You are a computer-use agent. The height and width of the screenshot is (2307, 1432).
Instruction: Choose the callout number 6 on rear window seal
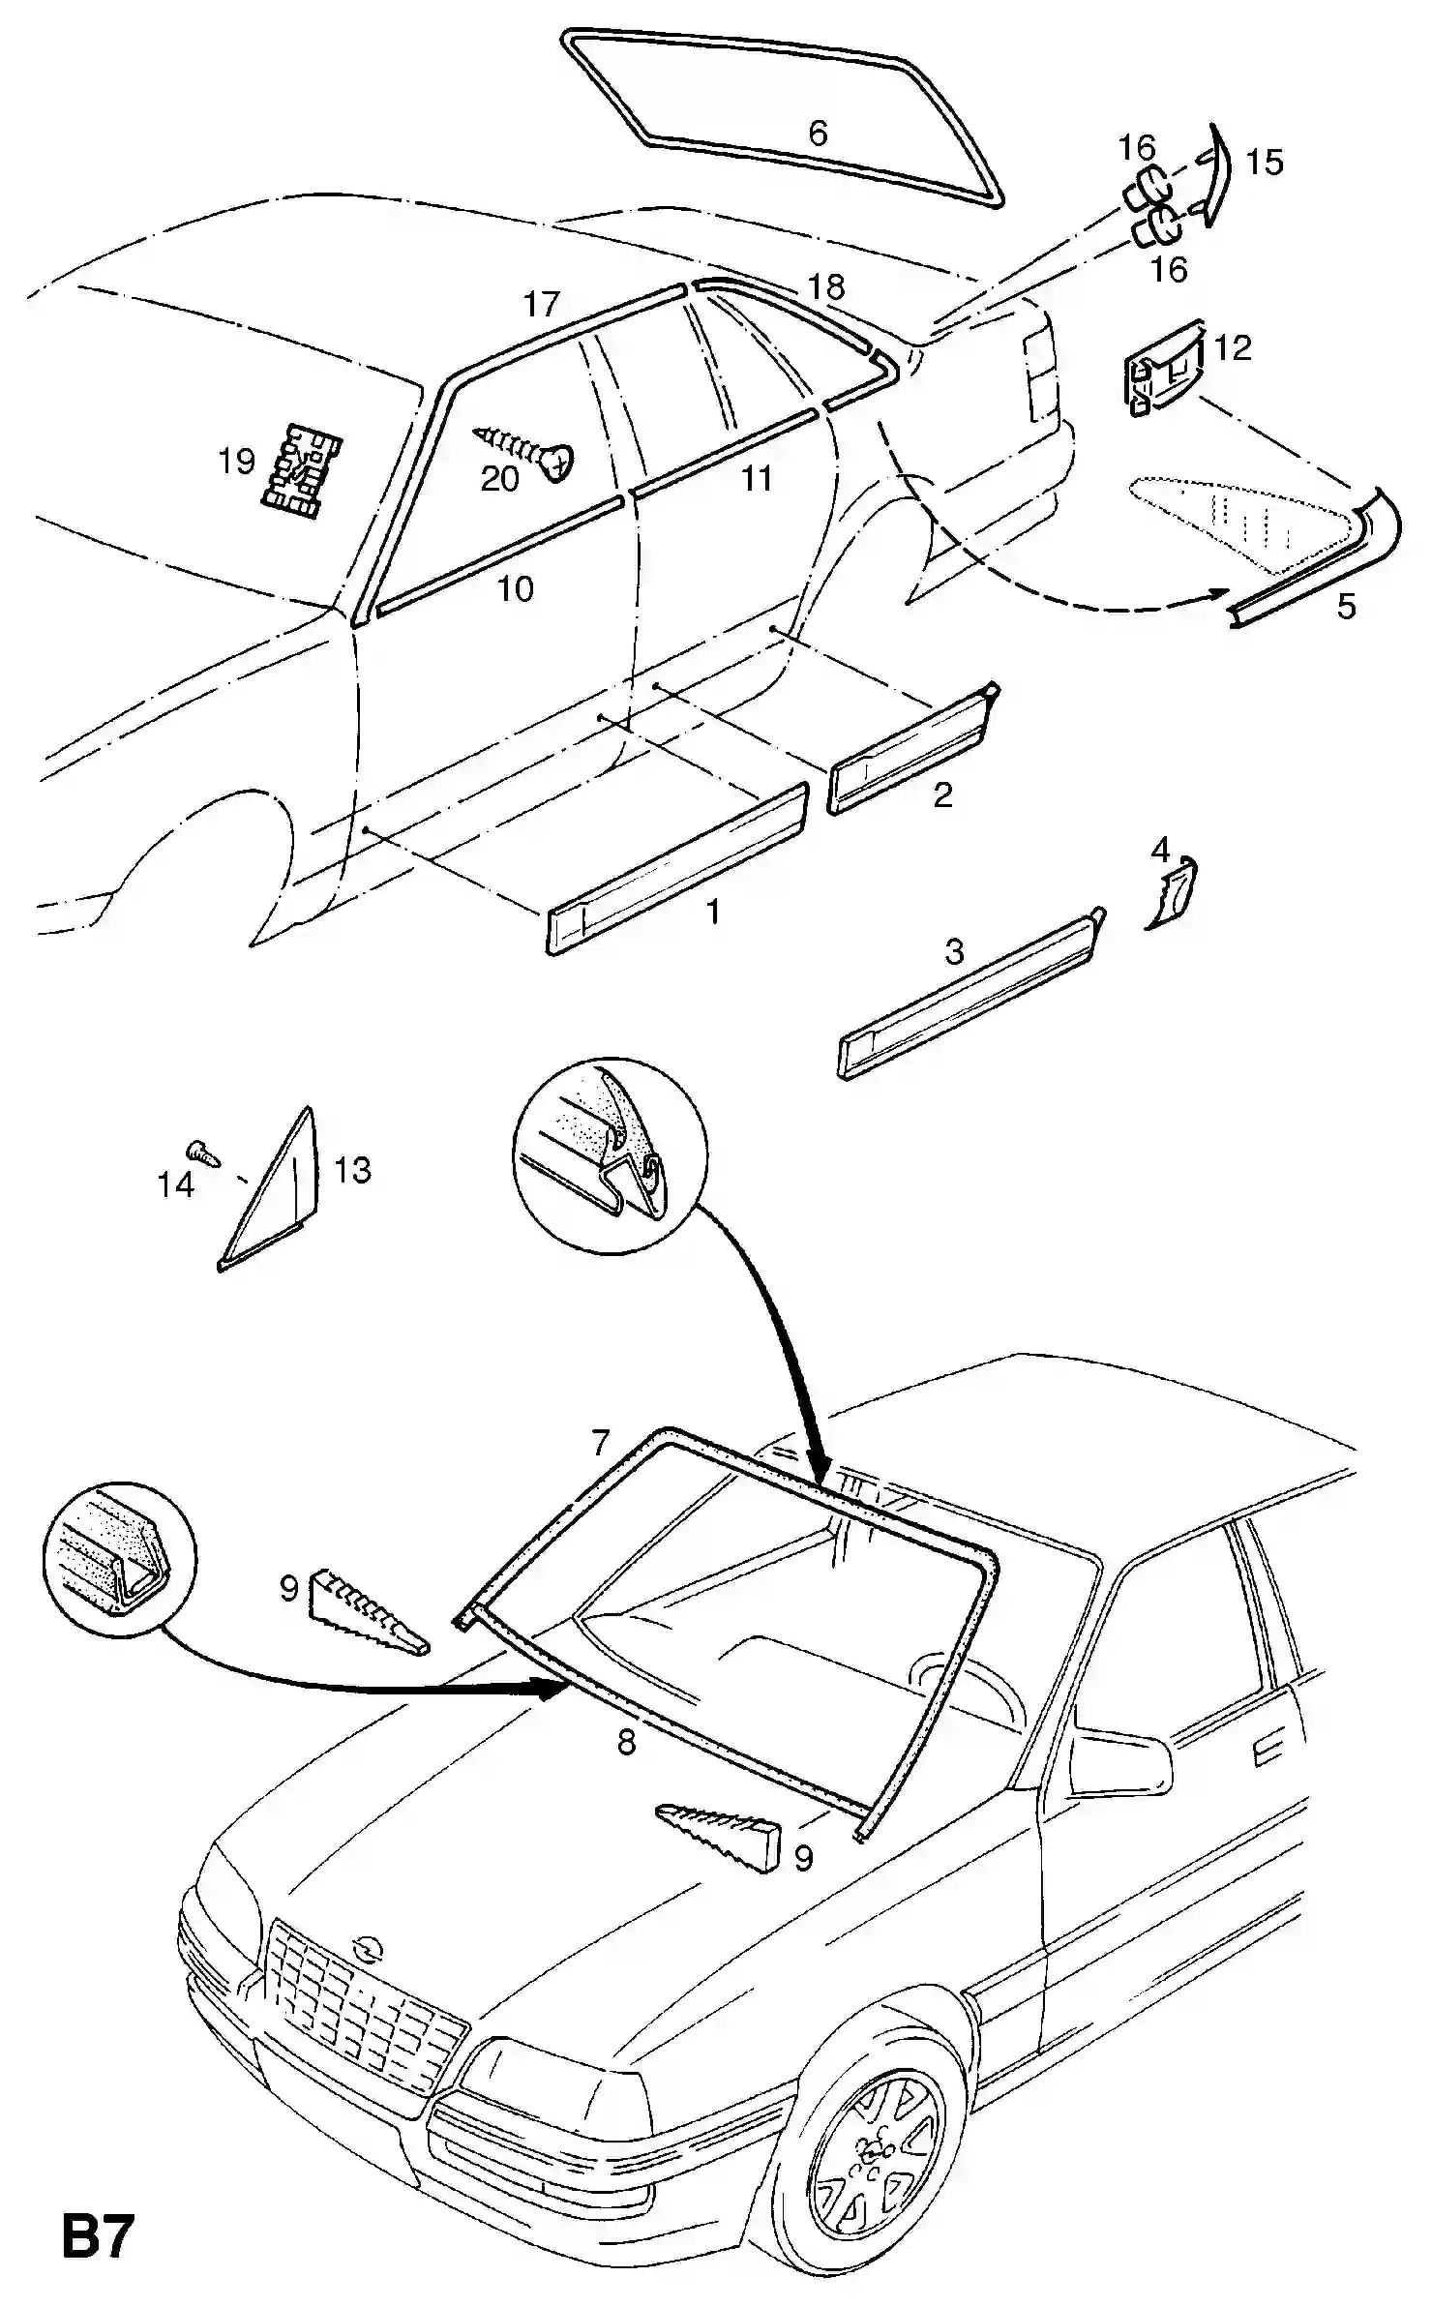click(818, 133)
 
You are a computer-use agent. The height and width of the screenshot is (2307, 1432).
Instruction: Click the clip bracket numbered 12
click(1164, 368)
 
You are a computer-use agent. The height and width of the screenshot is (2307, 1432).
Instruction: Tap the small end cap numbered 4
click(1174, 891)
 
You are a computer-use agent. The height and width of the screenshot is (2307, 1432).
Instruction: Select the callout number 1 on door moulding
click(713, 912)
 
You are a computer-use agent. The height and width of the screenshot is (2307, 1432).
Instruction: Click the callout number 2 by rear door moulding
click(942, 795)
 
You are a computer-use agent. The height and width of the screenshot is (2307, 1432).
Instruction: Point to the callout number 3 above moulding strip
click(954, 952)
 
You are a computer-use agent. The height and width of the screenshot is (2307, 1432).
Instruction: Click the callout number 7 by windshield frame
click(600, 1443)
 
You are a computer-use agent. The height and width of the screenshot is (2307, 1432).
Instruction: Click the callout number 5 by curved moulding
click(1346, 607)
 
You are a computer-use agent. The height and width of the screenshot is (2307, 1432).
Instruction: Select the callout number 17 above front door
click(542, 304)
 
